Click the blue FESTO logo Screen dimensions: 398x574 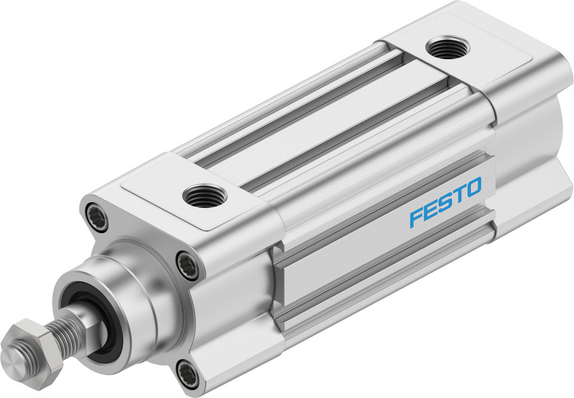[x=445, y=202]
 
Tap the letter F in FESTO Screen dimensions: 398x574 [x=416, y=217]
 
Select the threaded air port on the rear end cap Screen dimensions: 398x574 [x=448, y=48]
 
